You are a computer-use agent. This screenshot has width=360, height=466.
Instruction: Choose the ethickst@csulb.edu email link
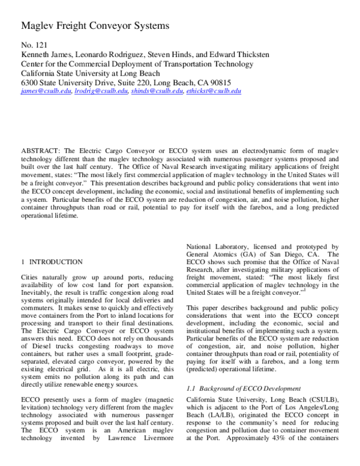coord(214,91)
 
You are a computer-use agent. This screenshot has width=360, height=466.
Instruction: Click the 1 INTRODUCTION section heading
coord(52,262)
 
